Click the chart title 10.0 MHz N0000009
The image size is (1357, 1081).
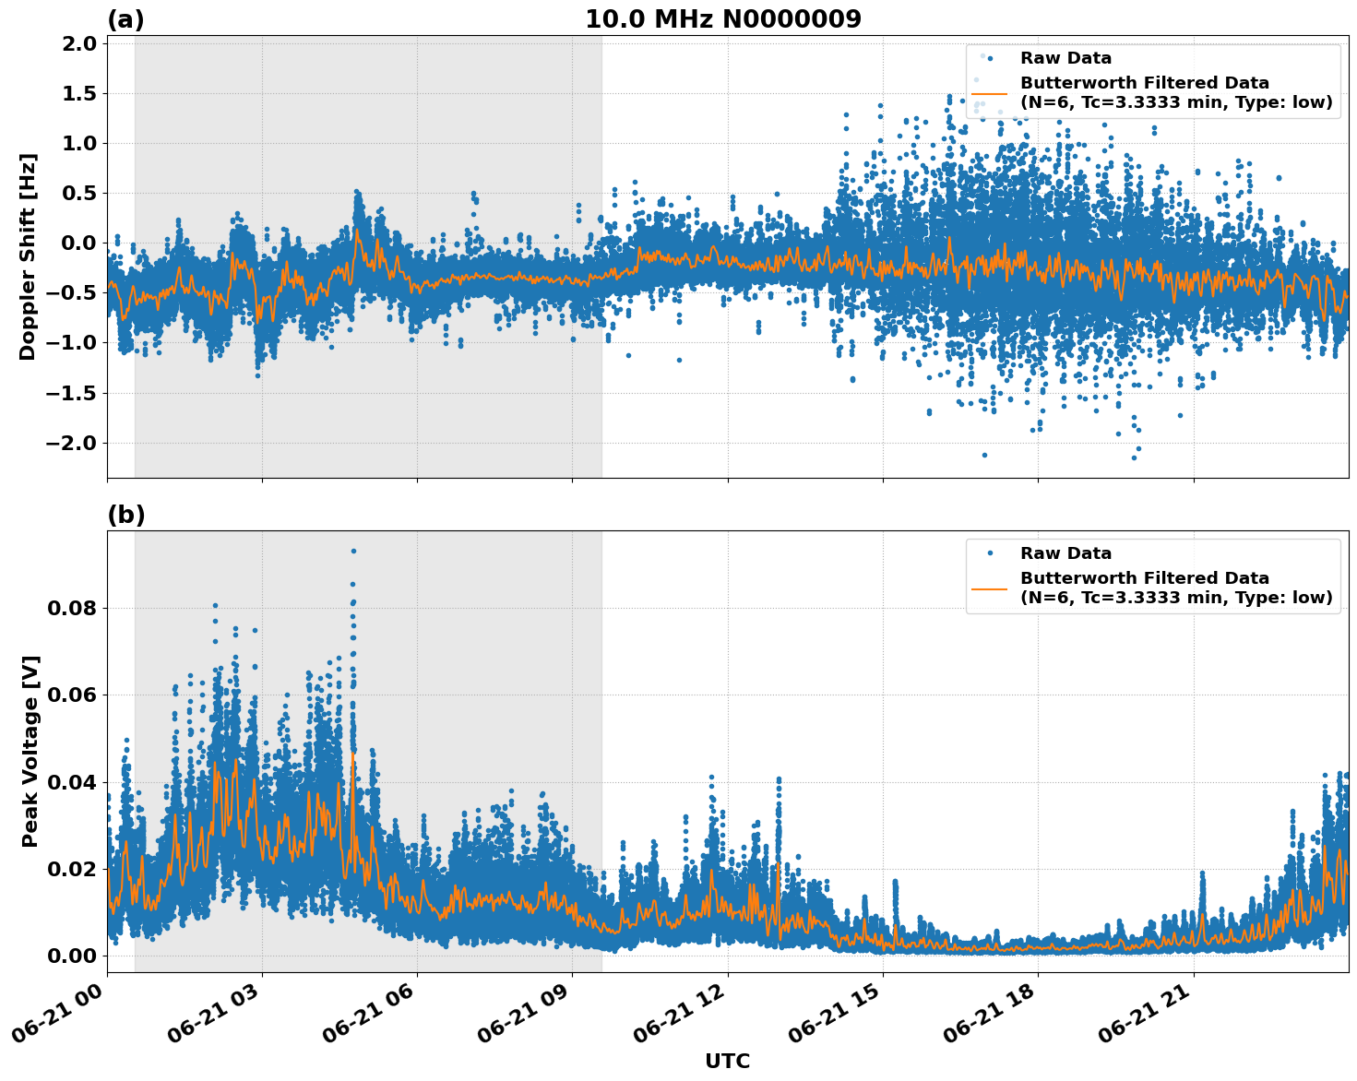[723, 19]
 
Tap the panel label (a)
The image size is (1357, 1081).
[125, 19]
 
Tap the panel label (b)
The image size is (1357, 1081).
[125, 515]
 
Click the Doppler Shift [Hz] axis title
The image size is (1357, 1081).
[29, 256]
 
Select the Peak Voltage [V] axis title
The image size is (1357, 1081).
[30, 751]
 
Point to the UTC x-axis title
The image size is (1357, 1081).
[727, 1061]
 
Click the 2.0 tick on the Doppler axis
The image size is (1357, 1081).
[77, 43]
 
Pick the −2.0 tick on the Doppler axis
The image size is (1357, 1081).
[72, 443]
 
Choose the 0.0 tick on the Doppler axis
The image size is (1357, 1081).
[77, 243]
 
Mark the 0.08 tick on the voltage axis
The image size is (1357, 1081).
[72, 608]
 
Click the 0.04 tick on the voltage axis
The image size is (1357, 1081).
[72, 781]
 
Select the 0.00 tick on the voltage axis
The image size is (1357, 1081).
[72, 955]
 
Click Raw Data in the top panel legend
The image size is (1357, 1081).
[1065, 58]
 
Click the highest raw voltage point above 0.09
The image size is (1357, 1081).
[353, 551]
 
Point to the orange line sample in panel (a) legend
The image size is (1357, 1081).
[989, 93]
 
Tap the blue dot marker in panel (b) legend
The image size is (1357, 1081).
[989, 553]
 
